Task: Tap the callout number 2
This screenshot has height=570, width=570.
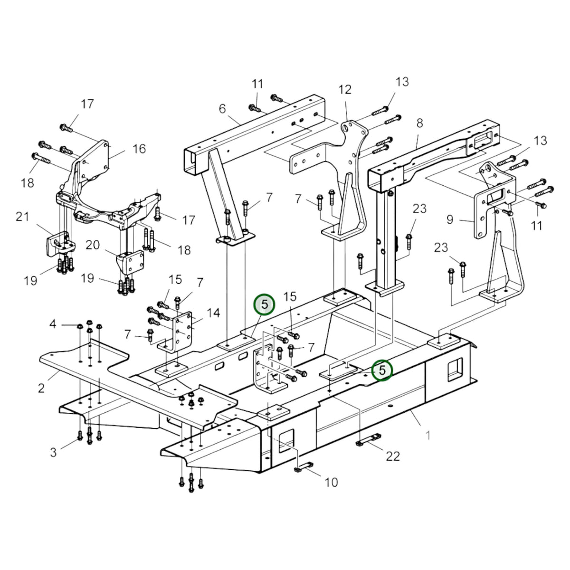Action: tap(41, 388)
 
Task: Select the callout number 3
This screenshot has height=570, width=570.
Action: tap(53, 452)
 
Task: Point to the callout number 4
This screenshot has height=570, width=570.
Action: tap(53, 324)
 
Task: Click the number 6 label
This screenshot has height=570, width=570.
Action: tap(222, 109)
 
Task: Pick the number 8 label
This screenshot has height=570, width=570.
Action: tap(420, 123)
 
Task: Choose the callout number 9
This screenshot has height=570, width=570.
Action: tap(450, 219)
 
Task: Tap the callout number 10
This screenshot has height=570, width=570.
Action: tap(331, 482)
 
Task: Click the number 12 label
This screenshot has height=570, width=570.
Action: tap(345, 89)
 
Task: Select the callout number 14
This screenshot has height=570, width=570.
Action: tap(213, 313)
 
